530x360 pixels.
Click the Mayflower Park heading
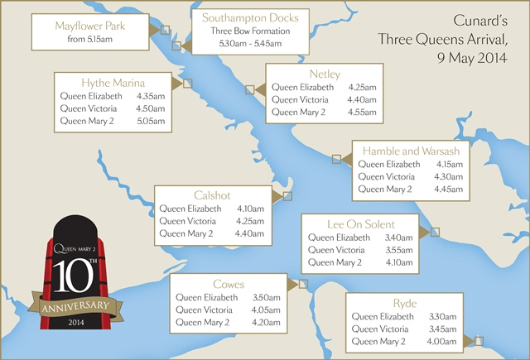click(89, 26)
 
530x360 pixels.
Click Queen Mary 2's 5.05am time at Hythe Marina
click(151, 121)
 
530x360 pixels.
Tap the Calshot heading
click(211, 196)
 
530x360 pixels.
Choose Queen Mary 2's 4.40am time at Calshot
click(248, 233)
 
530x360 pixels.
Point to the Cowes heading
click(228, 284)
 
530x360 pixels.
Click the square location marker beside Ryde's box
click(479, 340)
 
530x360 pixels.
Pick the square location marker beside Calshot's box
click(287, 196)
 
